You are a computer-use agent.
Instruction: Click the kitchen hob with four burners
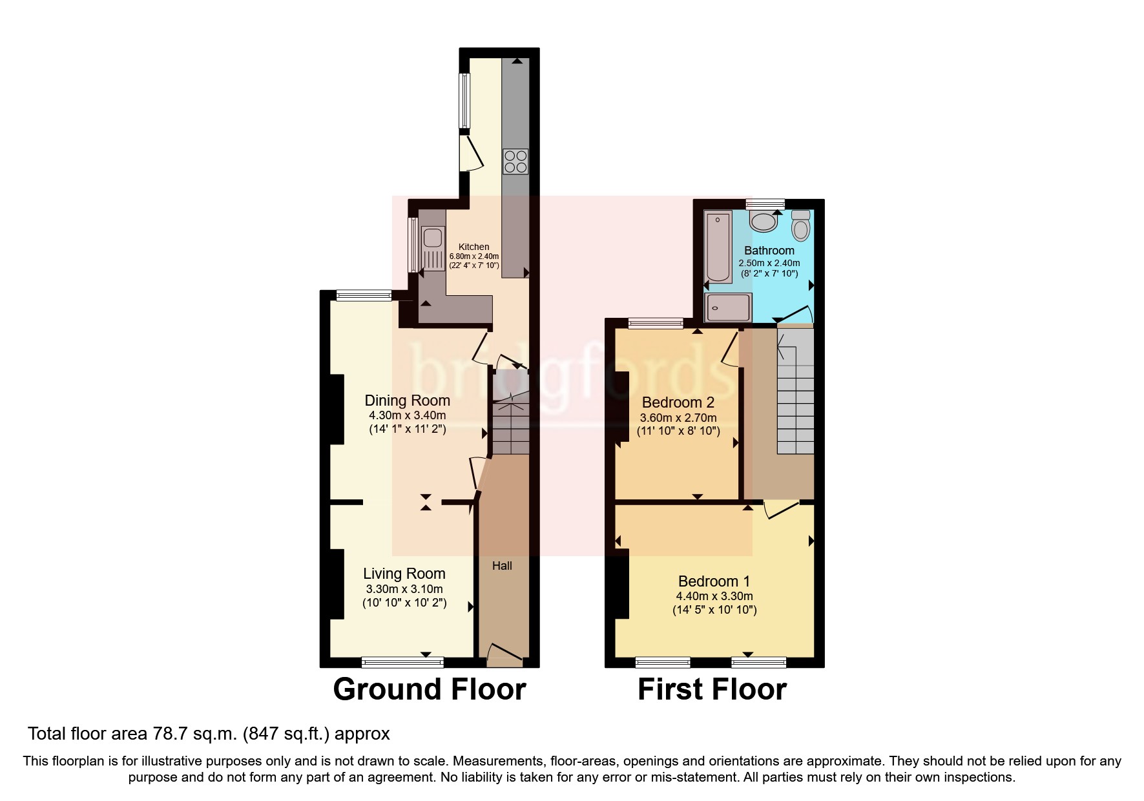tap(515, 161)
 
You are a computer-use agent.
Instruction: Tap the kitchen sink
tap(431, 238)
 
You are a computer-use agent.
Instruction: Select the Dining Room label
tap(407, 400)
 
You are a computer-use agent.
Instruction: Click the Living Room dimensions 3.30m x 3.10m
tap(404, 589)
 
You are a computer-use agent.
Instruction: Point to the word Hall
tap(502, 566)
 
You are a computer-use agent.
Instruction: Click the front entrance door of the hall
tap(504, 655)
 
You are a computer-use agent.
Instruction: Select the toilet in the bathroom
tap(801, 226)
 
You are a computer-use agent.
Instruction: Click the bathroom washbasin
tap(764, 222)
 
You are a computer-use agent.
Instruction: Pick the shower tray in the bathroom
tap(728, 307)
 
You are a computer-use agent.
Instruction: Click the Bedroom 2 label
tap(678, 402)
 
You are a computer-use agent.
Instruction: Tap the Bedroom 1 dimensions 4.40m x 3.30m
tap(714, 596)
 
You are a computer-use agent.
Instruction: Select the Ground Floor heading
tap(429, 689)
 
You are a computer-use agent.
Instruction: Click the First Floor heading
tap(712, 689)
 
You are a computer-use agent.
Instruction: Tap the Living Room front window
tap(402, 661)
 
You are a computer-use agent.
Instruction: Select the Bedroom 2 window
tap(656, 323)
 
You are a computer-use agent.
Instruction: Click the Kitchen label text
tap(473, 247)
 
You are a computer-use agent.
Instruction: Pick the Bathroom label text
tap(769, 251)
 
